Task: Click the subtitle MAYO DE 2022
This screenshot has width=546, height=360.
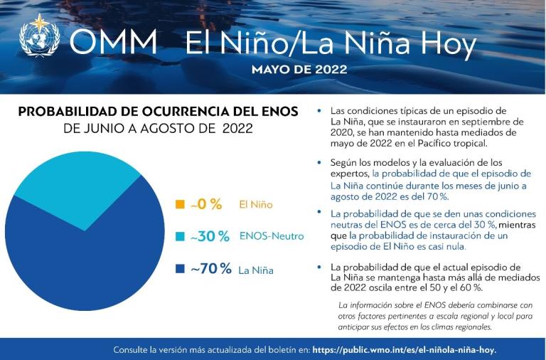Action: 299,70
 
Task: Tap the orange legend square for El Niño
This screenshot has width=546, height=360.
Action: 180,205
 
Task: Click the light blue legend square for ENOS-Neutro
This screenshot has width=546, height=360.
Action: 180,236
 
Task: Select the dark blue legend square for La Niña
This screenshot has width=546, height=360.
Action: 180,269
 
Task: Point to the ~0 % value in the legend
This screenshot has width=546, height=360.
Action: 206,204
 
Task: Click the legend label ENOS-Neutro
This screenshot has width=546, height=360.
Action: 272,236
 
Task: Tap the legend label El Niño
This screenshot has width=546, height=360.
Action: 256,205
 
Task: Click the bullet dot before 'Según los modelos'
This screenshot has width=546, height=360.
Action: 320,162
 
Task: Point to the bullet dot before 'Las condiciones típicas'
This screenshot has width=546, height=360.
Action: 320,111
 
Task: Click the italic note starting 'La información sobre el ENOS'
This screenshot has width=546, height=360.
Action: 435,316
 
